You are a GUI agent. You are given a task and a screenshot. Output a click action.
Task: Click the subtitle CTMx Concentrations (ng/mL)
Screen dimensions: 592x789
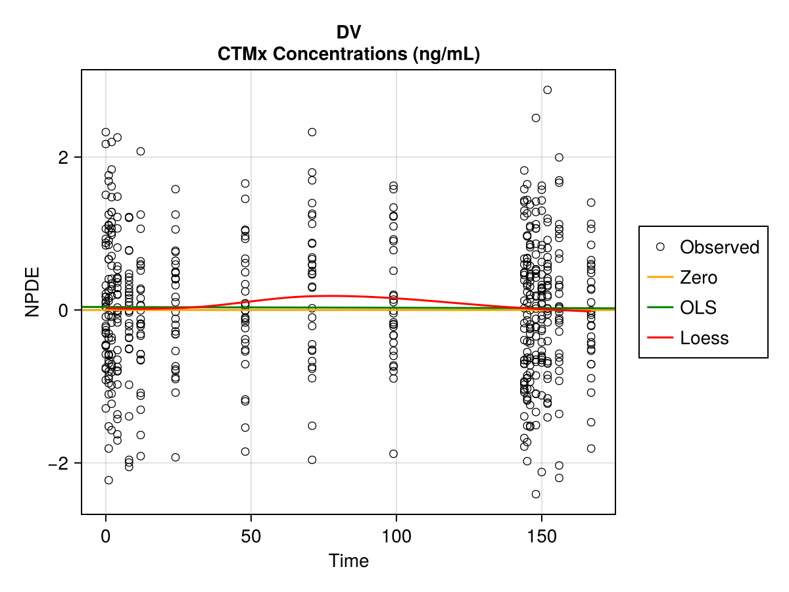pos(348,54)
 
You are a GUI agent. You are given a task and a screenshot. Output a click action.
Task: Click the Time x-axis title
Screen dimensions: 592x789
pos(348,561)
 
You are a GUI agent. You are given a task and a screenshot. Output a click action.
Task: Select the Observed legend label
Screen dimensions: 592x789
pos(719,247)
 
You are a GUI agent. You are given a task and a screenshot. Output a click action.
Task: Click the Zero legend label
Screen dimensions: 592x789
pos(698,278)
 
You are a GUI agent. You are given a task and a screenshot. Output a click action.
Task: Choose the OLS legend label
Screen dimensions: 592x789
pos(698,308)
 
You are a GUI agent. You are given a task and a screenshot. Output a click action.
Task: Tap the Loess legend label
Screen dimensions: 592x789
pos(704,338)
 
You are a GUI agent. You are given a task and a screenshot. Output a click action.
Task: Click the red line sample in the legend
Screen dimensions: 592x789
pos(660,338)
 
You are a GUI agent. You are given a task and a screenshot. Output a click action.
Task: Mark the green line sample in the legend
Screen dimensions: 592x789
pos(660,308)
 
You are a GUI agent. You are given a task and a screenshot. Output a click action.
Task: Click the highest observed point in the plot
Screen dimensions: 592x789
pos(547,90)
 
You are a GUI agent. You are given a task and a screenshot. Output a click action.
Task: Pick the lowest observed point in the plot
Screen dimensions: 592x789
pos(536,494)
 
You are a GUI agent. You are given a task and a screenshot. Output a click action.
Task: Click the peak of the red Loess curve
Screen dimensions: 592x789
pos(332,296)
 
